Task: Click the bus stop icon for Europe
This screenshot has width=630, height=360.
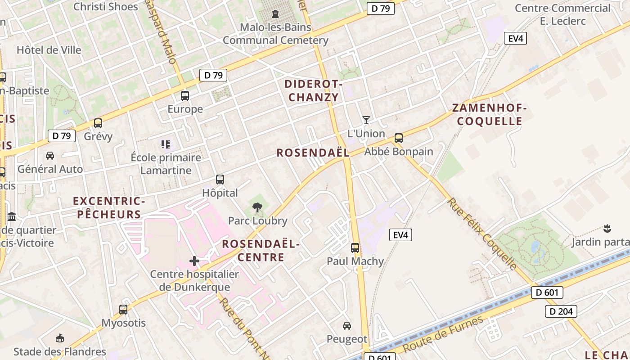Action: pyautogui.click(x=185, y=95)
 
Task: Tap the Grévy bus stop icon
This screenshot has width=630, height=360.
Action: pyautogui.click(x=98, y=123)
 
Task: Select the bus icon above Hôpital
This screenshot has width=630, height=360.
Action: pyautogui.click(x=220, y=180)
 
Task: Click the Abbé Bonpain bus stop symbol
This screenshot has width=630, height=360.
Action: pyautogui.click(x=398, y=138)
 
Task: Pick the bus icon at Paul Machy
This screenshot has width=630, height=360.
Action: pyautogui.click(x=355, y=247)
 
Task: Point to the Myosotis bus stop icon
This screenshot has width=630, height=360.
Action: pyautogui.click(x=123, y=309)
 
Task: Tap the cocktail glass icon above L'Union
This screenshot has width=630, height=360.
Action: pyautogui.click(x=366, y=120)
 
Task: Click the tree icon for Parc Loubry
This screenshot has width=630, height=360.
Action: pyautogui.click(x=257, y=207)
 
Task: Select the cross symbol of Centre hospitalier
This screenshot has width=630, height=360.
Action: pyautogui.click(x=194, y=261)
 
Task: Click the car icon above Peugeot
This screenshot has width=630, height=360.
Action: pyautogui.click(x=347, y=325)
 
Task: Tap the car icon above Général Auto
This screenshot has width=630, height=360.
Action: pyautogui.click(x=50, y=156)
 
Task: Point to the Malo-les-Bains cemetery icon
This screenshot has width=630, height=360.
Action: pyautogui.click(x=275, y=13)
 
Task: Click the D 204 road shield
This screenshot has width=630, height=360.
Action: pyautogui.click(x=561, y=311)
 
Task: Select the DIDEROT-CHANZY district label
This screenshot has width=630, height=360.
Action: pyautogui.click(x=314, y=90)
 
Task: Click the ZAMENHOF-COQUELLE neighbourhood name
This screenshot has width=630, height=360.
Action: pyautogui.click(x=489, y=114)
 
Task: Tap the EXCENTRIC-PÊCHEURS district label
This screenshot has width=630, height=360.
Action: pyautogui.click(x=109, y=207)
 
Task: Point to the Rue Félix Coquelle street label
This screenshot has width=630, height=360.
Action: pyautogui.click(x=482, y=234)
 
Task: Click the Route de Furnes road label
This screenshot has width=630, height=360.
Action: pyautogui.click(x=443, y=334)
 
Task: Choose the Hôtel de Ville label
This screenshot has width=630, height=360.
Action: pyautogui.click(x=49, y=50)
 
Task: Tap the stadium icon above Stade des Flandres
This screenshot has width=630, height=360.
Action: pyautogui.click(x=59, y=338)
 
